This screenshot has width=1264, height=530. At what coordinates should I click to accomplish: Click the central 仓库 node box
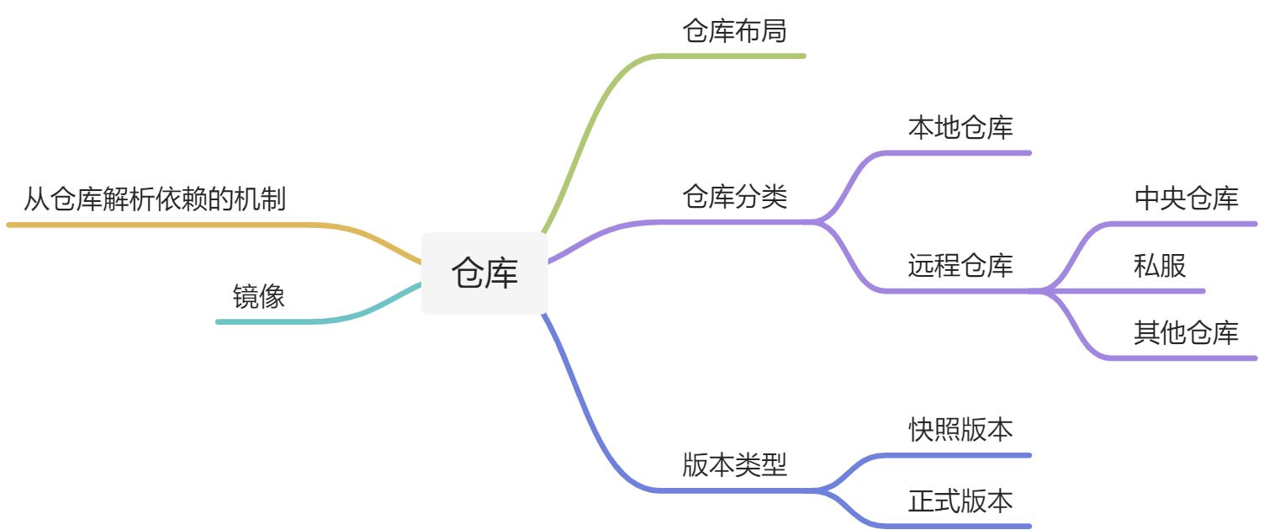click(484, 273)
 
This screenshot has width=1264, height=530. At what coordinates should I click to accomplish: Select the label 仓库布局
click(734, 31)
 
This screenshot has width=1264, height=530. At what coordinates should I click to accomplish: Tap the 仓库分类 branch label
click(734, 198)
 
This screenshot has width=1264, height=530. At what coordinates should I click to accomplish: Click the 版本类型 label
click(734, 464)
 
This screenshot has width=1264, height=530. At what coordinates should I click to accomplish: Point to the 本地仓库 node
click(960, 128)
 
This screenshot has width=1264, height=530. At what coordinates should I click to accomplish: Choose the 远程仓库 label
click(960, 266)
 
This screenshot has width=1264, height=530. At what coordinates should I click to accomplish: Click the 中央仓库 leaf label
click(1186, 199)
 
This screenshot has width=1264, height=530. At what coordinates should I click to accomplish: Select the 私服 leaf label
click(1160, 266)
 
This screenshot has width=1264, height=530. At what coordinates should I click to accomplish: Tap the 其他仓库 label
click(1186, 333)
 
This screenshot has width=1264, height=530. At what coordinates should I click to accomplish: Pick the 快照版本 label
click(960, 430)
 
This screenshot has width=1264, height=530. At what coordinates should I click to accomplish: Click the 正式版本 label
click(960, 501)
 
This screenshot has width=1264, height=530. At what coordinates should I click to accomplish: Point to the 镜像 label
click(259, 296)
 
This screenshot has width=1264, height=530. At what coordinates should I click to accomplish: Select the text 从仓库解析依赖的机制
click(155, 200)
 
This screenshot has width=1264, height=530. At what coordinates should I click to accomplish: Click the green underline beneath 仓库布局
click(732, 56)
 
